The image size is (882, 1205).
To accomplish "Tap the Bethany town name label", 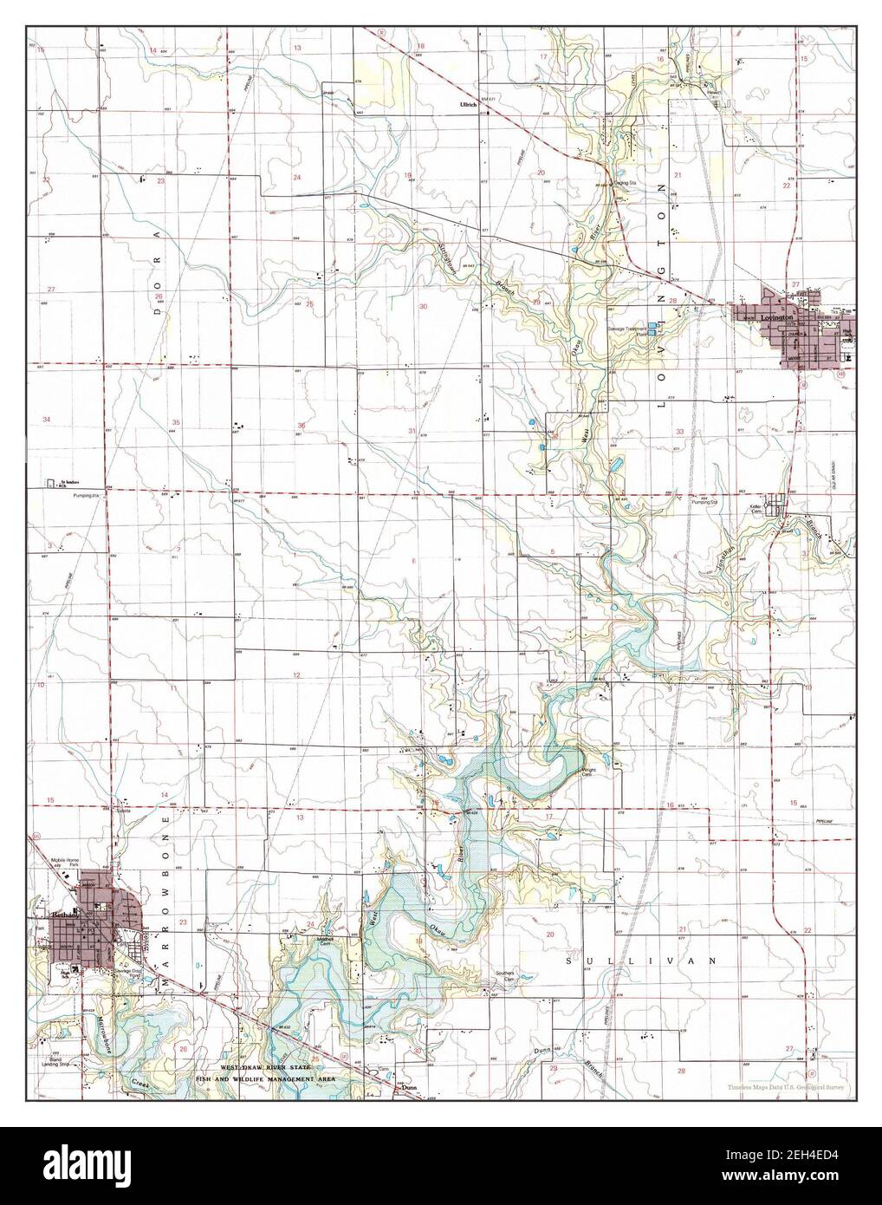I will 64,915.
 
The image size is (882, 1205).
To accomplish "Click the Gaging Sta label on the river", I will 624,183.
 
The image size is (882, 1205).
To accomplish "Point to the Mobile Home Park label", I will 65,863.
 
